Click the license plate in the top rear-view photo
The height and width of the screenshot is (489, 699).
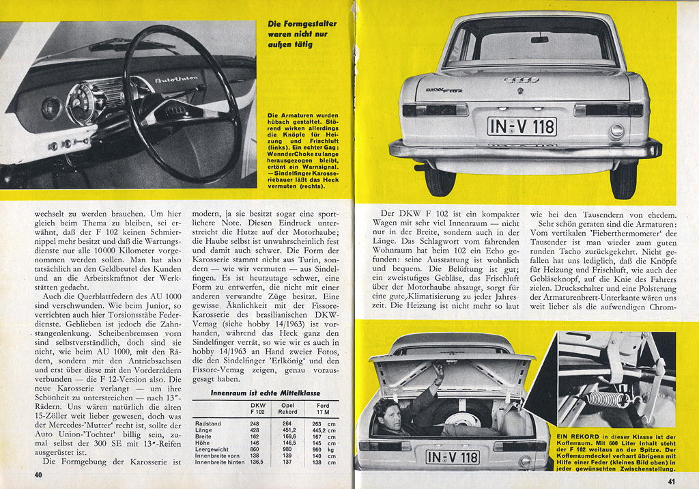pyautogui.click(x=522, y=126)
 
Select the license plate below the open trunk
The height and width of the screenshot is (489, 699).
pyautogui.click(x=452, y=456)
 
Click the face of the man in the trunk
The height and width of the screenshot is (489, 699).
pyautogui.click(x=390, y=415)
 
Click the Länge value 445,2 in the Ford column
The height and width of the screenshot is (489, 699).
pyautogui.click(x=317, y=430)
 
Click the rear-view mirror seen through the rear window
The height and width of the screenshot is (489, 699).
pyautogui.click(x=539, y=39)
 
